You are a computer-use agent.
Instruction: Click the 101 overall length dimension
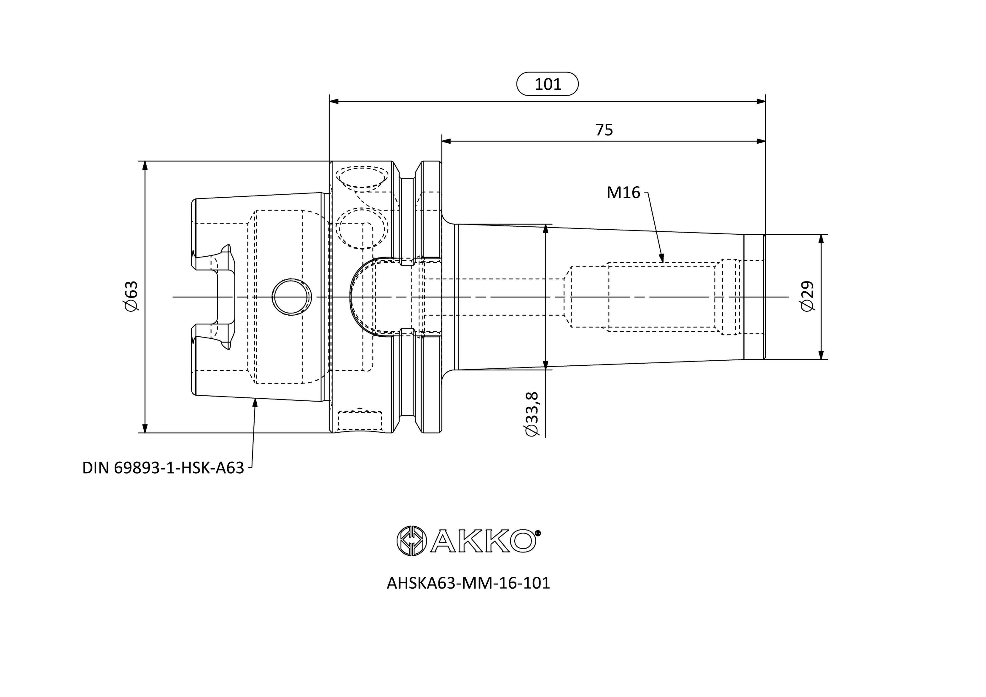click(x=548, y=84)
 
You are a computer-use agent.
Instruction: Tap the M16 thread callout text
click(x=623, y=193)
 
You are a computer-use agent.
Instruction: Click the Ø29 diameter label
click(x=807, y=296)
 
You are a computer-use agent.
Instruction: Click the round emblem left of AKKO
click(x=411, y=541)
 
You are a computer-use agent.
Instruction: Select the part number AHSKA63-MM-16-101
click(x=468, y=583)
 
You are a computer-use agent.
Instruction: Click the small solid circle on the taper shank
click(x=292, y=297)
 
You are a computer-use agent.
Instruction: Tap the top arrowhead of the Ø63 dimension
click(x=145, y=166)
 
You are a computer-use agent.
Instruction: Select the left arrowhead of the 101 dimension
click(x=334, y=101)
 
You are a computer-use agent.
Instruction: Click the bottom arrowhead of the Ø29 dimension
click(x=821, y=354)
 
